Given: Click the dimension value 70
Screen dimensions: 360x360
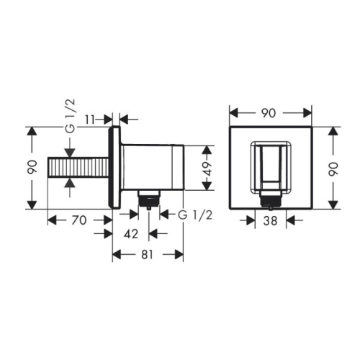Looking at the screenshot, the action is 78,220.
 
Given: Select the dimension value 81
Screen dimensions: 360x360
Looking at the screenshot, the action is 147,254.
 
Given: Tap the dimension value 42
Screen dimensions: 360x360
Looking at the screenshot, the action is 131,234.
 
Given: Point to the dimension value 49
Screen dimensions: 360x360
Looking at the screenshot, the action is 207,168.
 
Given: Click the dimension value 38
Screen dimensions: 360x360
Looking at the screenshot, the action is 270,220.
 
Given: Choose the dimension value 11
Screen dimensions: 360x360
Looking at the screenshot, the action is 90,120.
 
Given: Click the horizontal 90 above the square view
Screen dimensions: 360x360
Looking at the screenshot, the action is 269,113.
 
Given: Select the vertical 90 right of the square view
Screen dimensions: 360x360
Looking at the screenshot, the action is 333,169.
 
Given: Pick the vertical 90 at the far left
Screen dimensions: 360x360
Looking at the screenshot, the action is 32,167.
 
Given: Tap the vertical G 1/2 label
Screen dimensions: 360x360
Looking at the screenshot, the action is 70,116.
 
